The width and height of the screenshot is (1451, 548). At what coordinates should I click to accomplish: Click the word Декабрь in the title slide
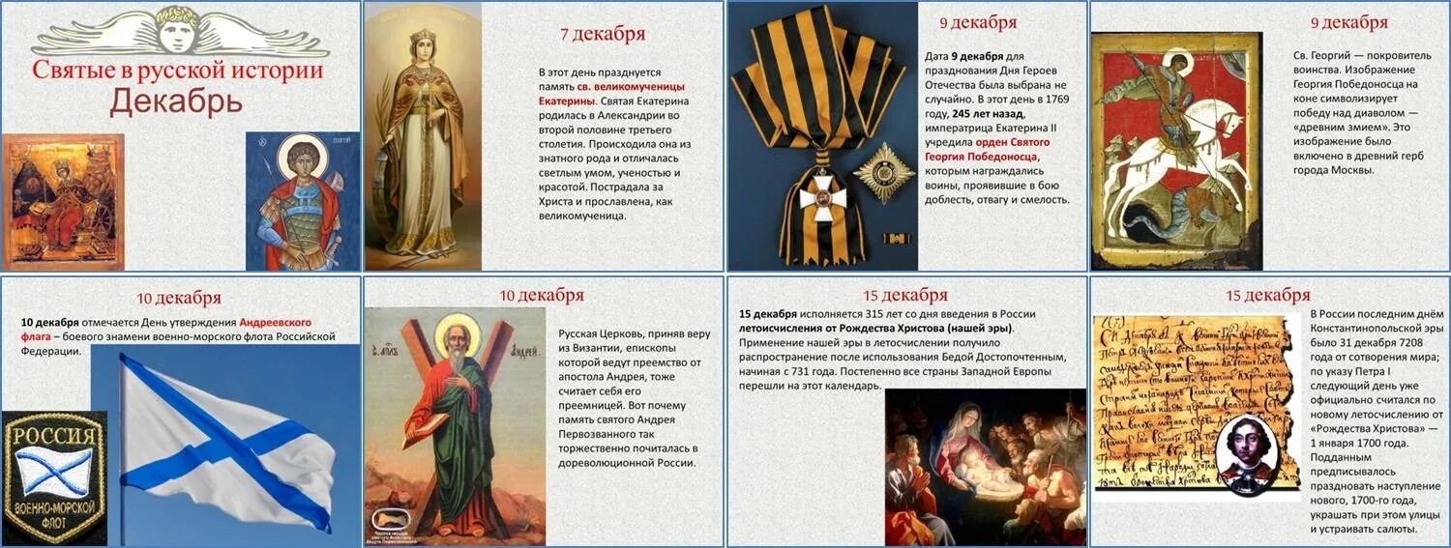175,101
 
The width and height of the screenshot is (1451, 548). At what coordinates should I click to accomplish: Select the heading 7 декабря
603,35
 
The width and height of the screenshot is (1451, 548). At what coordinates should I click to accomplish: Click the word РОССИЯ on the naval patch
55,435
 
